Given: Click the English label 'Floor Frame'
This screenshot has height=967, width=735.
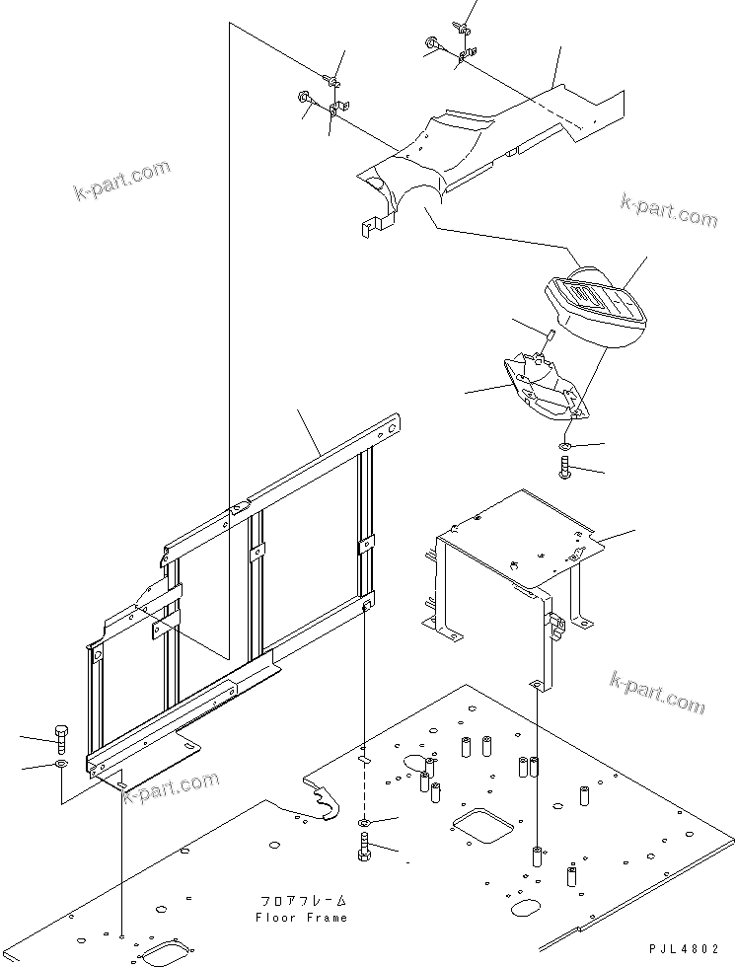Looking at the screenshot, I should click(x=302, y=917).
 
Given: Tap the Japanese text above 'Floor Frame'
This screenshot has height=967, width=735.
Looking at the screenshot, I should click(x=303, y=901).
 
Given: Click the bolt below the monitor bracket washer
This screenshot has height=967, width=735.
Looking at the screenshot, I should click(x=566, y=468).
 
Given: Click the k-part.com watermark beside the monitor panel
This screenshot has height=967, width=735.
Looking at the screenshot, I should click(x=669, y=208).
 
